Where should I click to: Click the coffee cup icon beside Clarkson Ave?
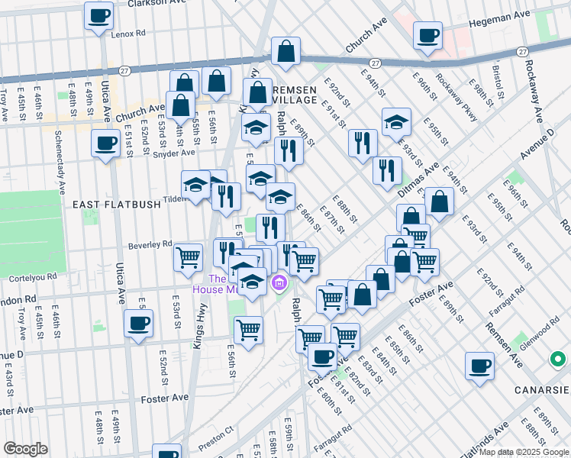(98, 15)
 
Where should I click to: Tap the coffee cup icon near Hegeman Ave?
(427, 34)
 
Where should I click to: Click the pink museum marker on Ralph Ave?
(279, 284)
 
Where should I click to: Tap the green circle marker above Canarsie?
(559, 358)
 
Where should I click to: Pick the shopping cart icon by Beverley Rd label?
(188, 257)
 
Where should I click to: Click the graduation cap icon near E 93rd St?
(396, 121)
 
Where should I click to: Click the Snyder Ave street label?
(175, 153)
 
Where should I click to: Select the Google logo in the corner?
(25, 449)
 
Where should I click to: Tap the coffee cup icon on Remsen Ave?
(479, 366)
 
